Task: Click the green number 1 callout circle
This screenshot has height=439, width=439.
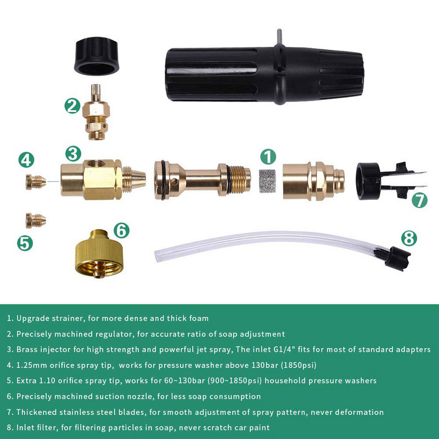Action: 267,157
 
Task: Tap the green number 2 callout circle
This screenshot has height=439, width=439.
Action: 73,105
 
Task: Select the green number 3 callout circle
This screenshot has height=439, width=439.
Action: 73,154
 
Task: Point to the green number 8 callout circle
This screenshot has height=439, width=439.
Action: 409,238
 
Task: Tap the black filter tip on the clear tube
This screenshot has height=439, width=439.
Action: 397,256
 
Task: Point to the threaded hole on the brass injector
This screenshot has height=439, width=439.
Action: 97,164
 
